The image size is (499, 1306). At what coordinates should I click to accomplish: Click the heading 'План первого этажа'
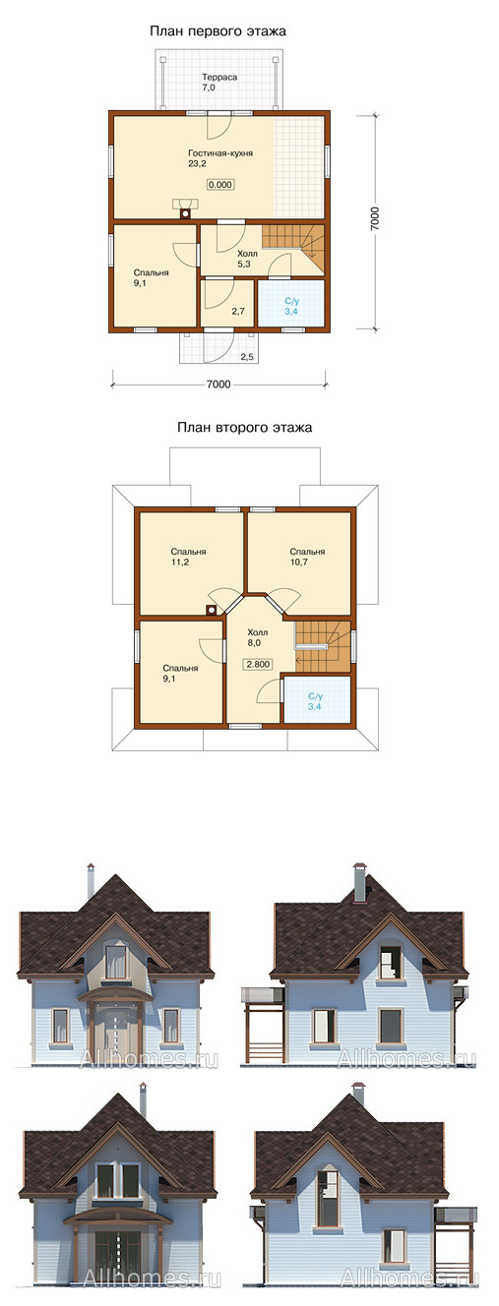tap(218, 30)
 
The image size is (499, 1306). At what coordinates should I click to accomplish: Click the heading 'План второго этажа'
tap(244, 428)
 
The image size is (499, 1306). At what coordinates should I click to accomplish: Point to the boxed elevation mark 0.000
tap(220, 185)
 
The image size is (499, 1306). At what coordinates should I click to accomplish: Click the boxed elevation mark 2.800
tap(258, 664)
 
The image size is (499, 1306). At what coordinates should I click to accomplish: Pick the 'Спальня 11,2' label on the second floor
tap(188, 557)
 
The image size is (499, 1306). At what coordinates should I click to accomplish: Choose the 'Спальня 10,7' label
tap(307, 557)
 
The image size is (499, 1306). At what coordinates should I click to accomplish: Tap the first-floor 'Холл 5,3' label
tap(247, 260)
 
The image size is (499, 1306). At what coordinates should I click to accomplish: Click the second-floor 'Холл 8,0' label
tap(258, 638)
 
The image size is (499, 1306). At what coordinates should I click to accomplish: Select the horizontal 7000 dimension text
tap(218, 385)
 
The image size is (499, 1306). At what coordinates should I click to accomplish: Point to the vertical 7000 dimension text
tap(375, 218)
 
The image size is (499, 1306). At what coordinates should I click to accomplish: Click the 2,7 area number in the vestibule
tap(238, 312)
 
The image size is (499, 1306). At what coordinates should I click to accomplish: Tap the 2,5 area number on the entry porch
tap(247, 357)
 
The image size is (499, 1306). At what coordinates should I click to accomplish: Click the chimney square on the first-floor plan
tap(186, 214)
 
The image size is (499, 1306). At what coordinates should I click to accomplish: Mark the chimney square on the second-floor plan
tap(211, 611)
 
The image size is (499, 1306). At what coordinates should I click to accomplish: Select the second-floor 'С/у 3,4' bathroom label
tap(315, 701)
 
